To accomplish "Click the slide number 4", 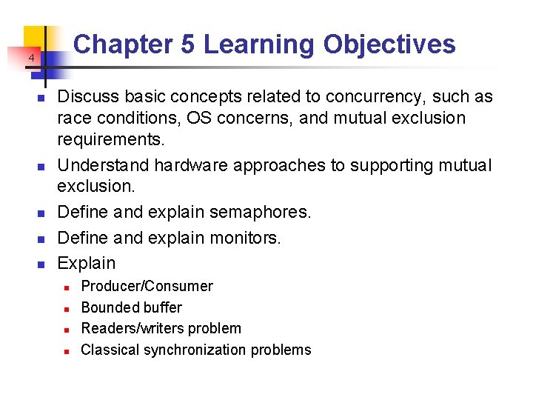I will [32, 59].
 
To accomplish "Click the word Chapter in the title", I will [124, 44].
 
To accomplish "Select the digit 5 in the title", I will [187, 44].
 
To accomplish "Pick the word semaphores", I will [260, 213].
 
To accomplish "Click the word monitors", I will [245, 238].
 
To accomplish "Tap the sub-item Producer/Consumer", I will [147, 286].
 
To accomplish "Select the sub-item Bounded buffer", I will [131, 307].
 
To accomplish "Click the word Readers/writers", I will [135, 328].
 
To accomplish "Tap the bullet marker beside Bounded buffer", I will [66, 308].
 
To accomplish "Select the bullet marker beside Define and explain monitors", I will [41, 239].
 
